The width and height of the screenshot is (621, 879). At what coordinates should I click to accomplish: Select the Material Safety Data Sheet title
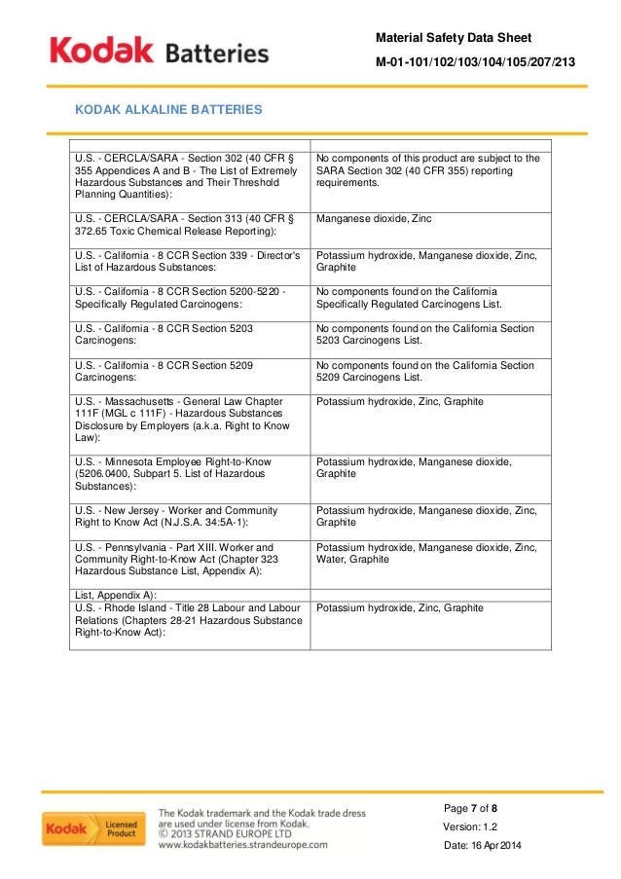[x=454, y=37]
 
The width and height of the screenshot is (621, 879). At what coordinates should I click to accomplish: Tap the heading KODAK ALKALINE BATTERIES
[x=168, y=110]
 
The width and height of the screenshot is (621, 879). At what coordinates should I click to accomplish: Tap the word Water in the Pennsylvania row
[x=333, y=560]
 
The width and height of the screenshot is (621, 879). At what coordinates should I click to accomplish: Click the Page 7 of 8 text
[x=470, y=809]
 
